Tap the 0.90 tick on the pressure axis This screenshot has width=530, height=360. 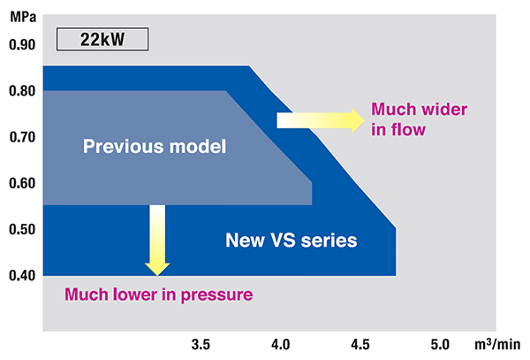(21, 44)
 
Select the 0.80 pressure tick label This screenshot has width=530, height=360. (21, 90)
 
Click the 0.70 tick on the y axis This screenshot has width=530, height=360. (21, 137)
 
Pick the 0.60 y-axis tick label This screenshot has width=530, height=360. (21, 183)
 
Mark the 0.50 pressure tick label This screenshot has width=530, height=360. (21, 230)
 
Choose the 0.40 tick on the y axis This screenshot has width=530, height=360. (21, 276)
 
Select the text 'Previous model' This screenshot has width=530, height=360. (155, 145)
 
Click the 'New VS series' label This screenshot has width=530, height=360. (291, 240)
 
